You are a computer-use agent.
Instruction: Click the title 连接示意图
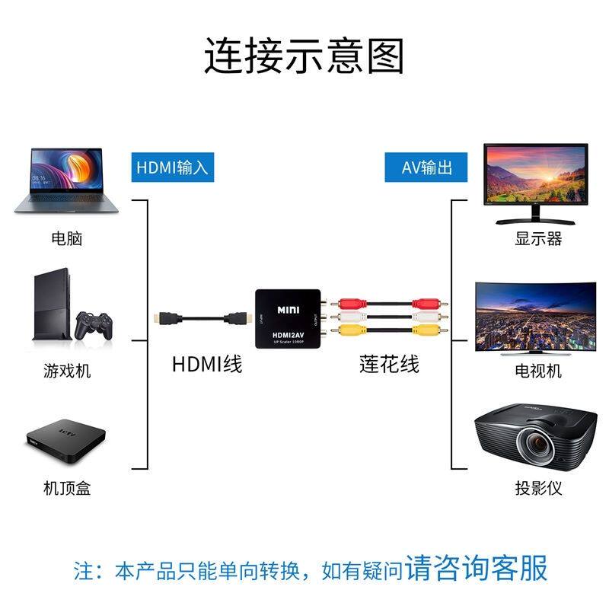coord(304,56)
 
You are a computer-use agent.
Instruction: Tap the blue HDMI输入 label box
coord(171,167)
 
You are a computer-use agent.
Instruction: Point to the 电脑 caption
coord(66,239)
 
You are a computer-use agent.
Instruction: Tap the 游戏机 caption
coord(66,371)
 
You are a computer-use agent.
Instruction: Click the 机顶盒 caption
coord(66,488)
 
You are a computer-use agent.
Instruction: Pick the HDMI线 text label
coord(207,364)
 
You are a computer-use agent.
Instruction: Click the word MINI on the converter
coord(289,310)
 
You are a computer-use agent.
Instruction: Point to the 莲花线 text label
coord(389,364)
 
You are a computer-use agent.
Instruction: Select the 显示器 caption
coord(538,239)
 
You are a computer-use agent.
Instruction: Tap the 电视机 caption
coord(538,371)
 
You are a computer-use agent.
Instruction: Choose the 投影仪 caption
coord(538,488)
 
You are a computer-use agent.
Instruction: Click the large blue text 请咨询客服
coord(476,568)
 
